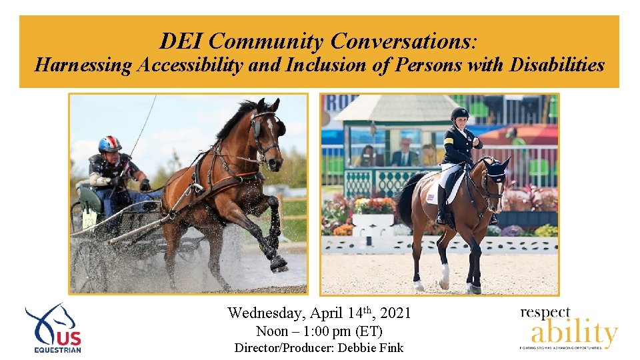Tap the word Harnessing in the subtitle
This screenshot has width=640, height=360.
pyautogui.click(x=83, y=65)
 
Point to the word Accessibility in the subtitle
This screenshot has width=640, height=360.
pyautogui.click(x=208, y=65)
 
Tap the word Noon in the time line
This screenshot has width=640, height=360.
pyautogui.click(x=271, y=331)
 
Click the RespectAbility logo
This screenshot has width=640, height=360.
pyautogui.click(x=569, y=328)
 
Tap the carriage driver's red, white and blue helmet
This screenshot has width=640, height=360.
pyautogui.click(x=109, y=144)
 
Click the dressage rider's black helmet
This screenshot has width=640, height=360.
pyautogui.click(x=459, y=113)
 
